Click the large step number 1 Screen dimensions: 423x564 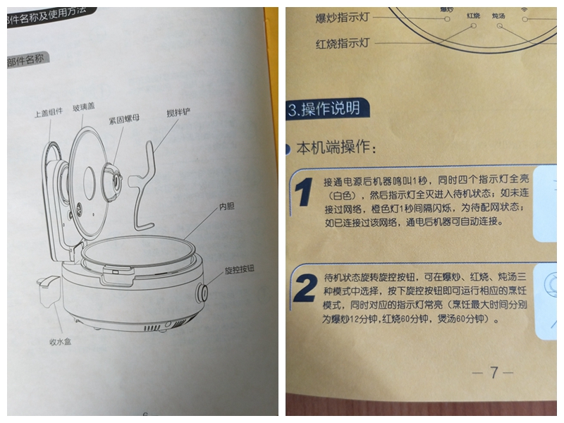303,194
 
